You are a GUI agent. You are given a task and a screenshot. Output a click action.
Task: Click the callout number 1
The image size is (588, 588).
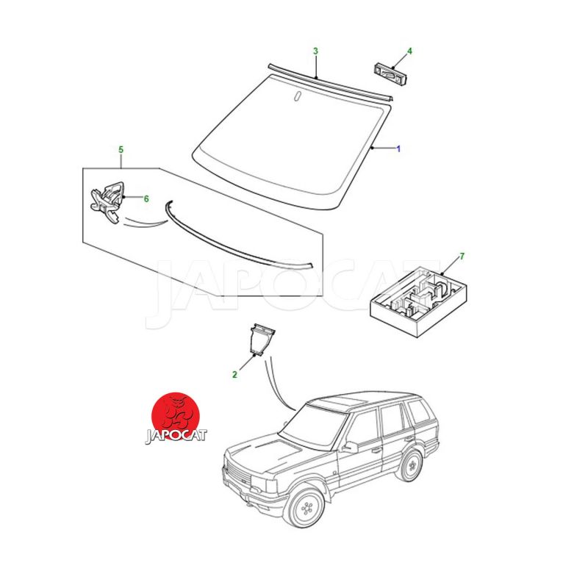[x=398, y=149]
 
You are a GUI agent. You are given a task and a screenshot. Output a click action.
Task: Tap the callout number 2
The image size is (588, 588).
[x=234, y=374]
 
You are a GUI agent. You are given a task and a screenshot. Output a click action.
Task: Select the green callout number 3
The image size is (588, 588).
[x=316, y=51]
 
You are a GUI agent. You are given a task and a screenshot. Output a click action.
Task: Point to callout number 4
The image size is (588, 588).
[x=409, y=51]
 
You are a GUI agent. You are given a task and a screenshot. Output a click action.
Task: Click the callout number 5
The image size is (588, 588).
[x=121, y=150]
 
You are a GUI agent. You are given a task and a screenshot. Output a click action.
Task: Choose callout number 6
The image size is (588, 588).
[x=146, y=198]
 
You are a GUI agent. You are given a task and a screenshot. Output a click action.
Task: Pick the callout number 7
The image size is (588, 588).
[x=462, y=256]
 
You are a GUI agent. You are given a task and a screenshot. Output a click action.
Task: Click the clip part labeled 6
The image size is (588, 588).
[x=107, y=201]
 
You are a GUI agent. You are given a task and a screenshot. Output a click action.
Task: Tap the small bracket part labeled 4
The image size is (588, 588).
[x=390, y=74]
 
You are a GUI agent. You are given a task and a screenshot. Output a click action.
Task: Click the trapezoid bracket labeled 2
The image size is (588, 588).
[x=262, y=339]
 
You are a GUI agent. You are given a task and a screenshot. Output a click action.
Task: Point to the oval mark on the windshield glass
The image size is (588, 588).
[x=298, y=96]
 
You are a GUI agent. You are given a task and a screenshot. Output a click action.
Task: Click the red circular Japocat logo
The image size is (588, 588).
[x=176, y=417]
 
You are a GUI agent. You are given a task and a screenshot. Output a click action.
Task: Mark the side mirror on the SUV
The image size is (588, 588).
[x=351, y=447]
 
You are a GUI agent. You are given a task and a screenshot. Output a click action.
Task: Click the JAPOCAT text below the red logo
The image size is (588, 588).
[x=176, y=436]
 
